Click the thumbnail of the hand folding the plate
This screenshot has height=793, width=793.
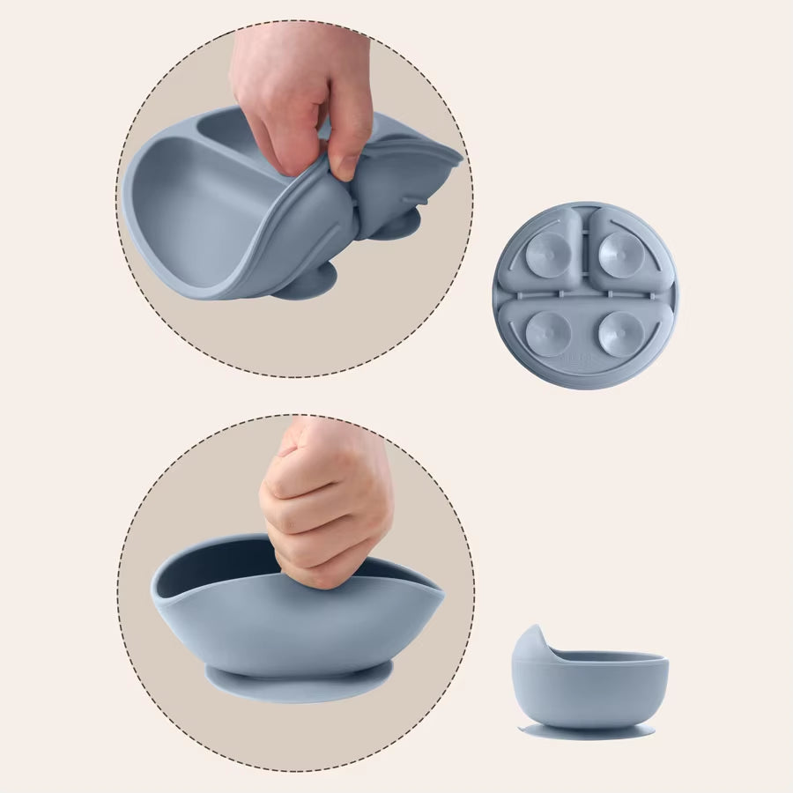pos(295,199)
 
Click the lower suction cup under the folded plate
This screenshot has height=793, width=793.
pos(304,285)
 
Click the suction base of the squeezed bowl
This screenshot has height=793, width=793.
pos(299,682)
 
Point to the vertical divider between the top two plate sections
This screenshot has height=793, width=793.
pos(583,247)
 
